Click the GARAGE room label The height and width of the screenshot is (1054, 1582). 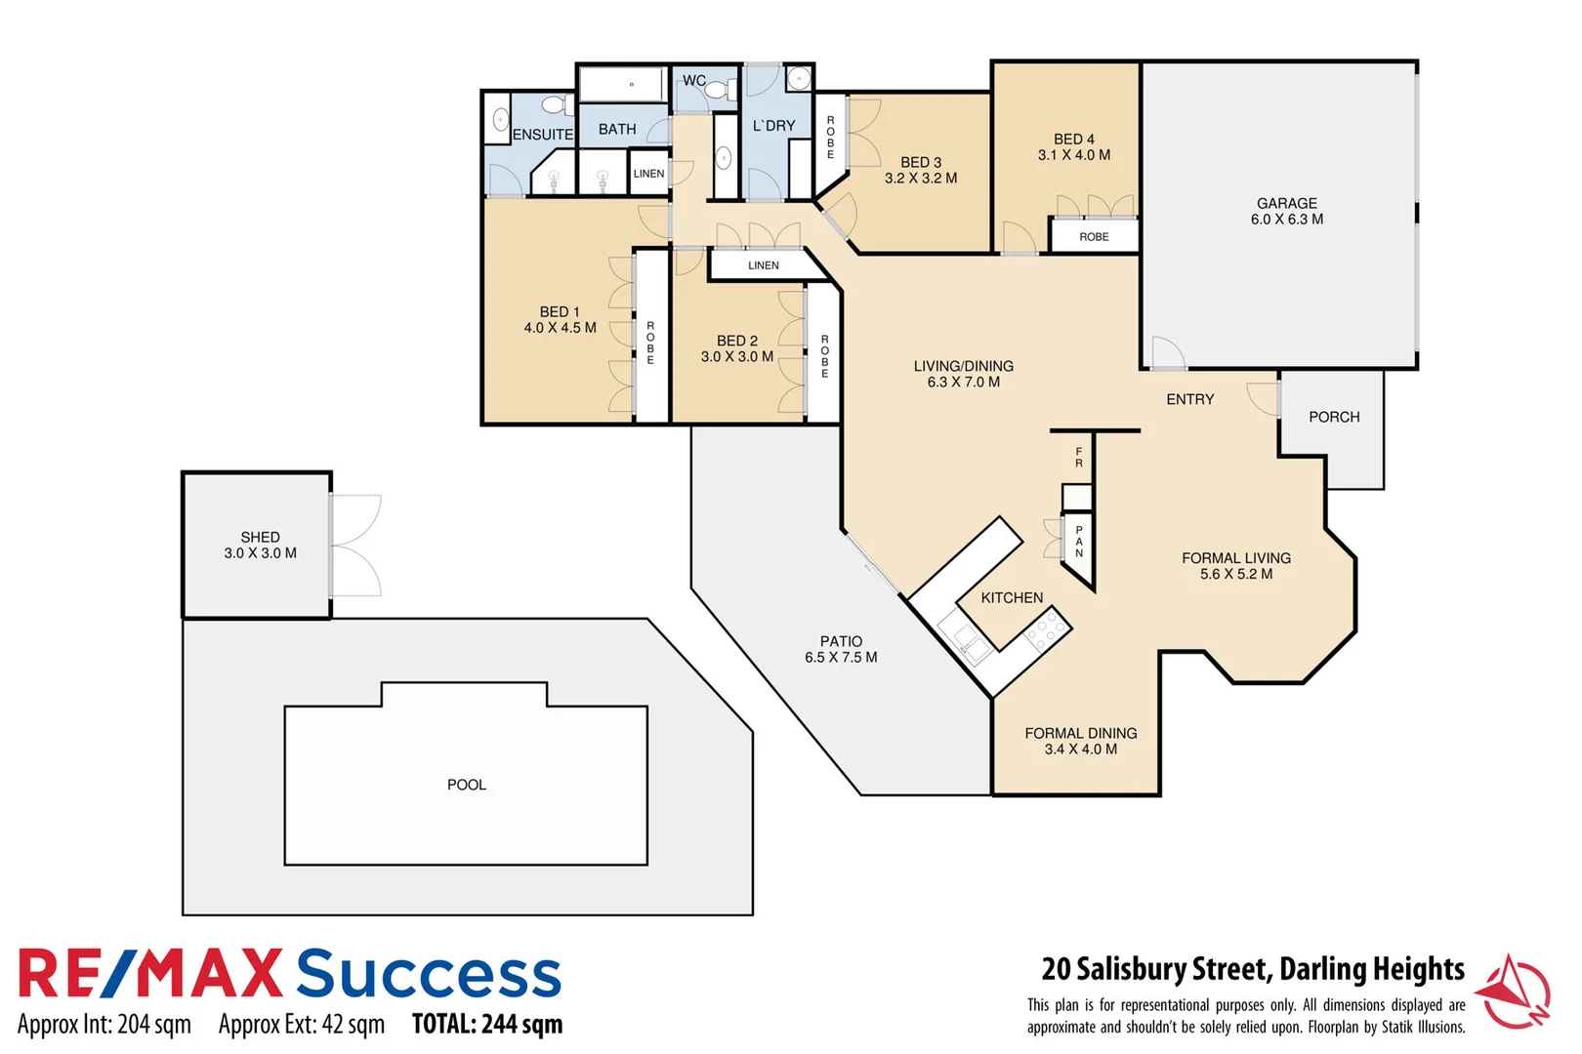(1286, 203)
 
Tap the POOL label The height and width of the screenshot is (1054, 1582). (466, 785)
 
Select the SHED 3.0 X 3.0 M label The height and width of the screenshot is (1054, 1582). (260, 545)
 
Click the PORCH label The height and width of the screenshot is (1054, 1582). (1333, 417)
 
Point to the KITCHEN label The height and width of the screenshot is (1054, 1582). (1012, 597)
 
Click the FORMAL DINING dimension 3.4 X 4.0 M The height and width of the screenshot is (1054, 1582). (1080, 750)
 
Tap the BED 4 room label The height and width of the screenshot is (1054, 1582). (1073, 140)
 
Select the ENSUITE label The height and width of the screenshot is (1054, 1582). (542, 135)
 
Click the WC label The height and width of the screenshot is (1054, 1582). (693, 81)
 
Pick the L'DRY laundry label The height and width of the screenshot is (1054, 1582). (773, 126)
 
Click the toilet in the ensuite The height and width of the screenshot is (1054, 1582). (558, 104)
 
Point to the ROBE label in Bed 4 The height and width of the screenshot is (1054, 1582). (1094, 237)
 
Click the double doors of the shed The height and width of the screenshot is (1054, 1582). (355, 546)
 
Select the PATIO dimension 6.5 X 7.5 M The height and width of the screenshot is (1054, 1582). (840, 658)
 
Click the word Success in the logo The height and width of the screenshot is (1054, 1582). (429, 974)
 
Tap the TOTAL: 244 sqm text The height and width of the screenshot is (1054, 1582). (486, 1025)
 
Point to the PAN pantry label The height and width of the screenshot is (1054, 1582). (1079, 542)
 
